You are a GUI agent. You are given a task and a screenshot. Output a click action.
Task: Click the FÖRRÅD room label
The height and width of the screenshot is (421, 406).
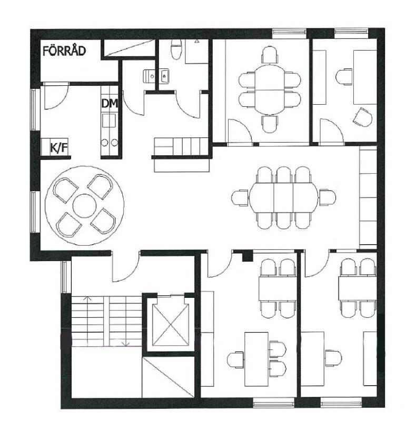(64, 51)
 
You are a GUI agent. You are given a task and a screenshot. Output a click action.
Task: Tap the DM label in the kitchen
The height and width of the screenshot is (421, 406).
(110, 103)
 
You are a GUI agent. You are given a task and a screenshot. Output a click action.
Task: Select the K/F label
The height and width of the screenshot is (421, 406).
(59, 147)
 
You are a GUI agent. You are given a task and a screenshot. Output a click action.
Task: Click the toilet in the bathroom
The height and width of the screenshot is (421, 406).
(176, 49)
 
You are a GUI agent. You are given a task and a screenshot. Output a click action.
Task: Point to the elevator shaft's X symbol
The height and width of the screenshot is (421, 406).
(171, 325)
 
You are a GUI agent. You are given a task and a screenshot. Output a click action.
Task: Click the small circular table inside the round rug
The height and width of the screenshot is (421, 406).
(84, 206)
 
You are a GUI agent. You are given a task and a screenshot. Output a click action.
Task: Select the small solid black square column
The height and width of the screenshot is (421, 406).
(247, 256)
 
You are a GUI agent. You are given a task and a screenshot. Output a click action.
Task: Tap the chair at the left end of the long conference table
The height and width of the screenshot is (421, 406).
(240, 198)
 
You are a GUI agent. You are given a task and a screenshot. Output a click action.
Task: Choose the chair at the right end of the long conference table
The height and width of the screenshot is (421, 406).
(327, 198)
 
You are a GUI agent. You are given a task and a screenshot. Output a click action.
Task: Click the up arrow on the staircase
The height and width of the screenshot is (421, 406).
(87, 298)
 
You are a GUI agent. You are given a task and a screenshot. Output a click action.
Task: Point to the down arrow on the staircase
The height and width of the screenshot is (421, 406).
(125, 344)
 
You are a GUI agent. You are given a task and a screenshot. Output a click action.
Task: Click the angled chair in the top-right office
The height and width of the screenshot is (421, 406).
(362, 117)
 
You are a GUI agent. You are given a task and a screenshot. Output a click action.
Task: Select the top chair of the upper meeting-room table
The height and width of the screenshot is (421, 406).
(270, 55)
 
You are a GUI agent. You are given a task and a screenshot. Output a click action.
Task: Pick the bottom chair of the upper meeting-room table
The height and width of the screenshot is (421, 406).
(270, 124)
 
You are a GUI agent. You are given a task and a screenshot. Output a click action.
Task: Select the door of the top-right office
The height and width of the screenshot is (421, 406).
(332, 132)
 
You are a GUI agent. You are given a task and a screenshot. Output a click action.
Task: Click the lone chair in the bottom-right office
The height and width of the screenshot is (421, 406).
(333, 358)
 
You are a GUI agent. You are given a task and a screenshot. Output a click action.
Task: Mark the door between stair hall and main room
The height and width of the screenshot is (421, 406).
(125, 266)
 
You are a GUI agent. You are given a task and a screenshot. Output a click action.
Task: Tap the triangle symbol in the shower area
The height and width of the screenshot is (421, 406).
(197, 41)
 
